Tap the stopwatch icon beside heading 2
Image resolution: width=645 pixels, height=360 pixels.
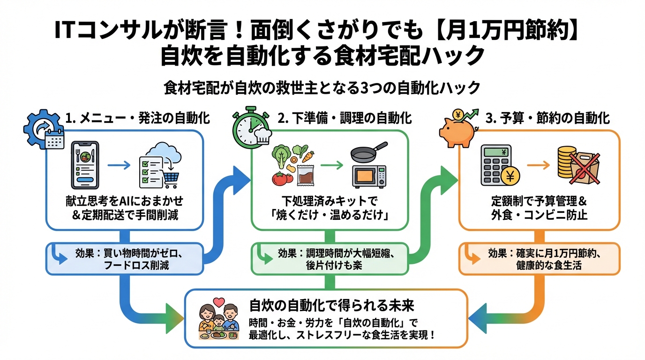coord(250,126)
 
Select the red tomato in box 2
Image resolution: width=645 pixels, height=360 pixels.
coord(280,179)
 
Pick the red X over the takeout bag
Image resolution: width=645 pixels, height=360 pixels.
coord(583,167)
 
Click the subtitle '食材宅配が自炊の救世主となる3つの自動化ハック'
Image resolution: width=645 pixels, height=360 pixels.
coord(322,88)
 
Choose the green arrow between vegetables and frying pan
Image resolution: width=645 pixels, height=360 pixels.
coord(332,165)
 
